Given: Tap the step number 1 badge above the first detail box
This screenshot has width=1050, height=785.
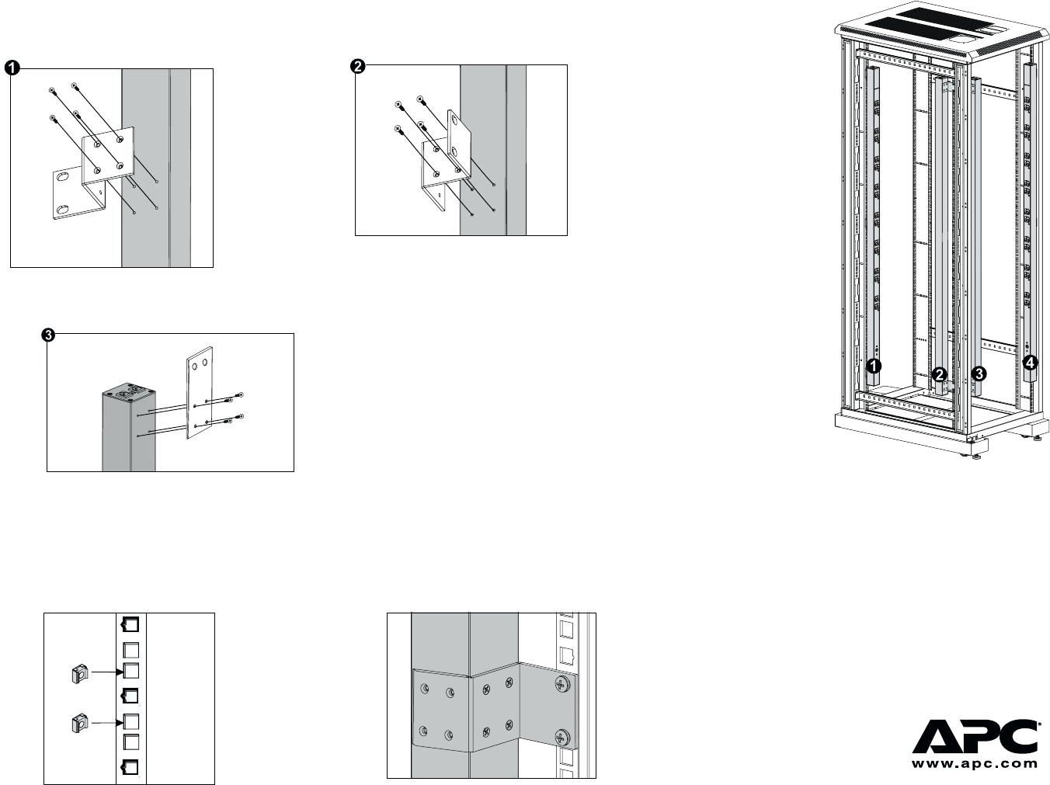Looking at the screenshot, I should (12, 68).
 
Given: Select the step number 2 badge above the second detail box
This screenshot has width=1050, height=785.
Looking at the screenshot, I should (358, 67).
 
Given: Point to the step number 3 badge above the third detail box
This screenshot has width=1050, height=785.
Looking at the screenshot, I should (48, 335).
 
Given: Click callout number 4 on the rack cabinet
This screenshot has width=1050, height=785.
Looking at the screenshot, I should (1030, 362).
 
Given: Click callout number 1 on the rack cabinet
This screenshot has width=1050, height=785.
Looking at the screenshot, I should (873, 364).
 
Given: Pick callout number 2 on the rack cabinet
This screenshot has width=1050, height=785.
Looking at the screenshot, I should (940, 373).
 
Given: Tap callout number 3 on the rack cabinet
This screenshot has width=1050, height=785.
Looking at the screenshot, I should (979, 373).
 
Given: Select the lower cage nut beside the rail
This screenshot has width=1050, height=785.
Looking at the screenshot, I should (78, 724).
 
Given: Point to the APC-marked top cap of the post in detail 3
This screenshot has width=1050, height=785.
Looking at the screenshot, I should (129, 390).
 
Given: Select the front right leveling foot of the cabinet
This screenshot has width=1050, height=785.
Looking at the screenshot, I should (972, 453).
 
